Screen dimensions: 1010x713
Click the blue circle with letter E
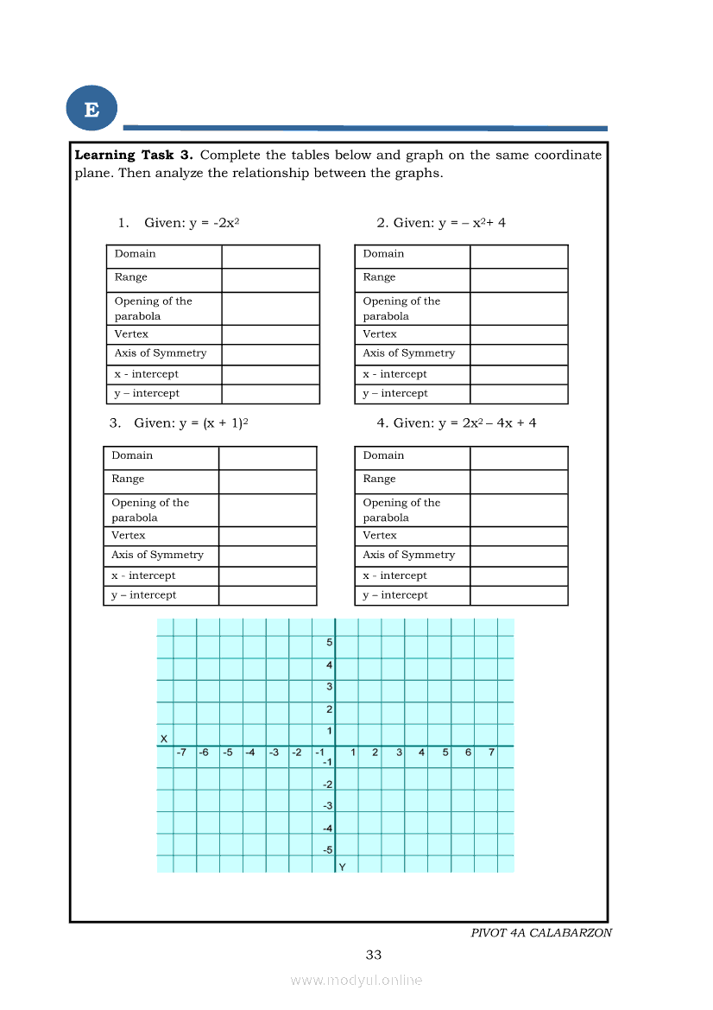(x=91, y=110)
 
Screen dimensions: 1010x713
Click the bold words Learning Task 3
(x=133, y=156)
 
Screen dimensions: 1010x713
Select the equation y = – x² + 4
(x=471, y=223)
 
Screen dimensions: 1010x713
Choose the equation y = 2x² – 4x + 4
(x=487, y=423)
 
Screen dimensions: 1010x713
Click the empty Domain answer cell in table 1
(x=270, y=257)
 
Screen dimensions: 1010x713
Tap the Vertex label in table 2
(x=380, y=334)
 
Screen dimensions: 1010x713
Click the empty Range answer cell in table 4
(x=519, y=481)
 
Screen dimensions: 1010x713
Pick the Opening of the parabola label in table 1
(x=153, y=308)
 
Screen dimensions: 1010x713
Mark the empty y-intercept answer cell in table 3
(x=268, y=595)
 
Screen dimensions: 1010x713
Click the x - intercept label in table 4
(x=394, y=576)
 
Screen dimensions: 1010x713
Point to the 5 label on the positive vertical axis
(x=329, y=643)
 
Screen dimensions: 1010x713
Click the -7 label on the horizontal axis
(x=181, y=753)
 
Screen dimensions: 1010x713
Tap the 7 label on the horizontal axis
(x=491, y=753)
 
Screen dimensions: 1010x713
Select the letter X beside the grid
(x=163, y=739)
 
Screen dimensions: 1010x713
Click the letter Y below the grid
(x=342, y=867)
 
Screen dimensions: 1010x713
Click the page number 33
(x=373, y=955)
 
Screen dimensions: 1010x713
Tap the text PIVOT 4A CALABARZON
(x=541, y=933)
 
